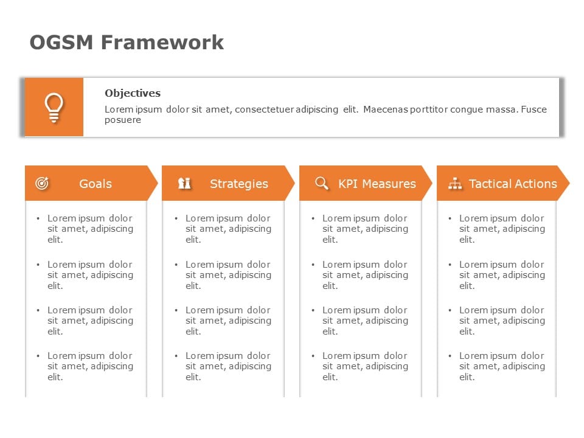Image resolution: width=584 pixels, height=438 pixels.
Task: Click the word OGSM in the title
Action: (x=62, y=43)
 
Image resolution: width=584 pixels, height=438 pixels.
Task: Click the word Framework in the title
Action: (x=162, y=43)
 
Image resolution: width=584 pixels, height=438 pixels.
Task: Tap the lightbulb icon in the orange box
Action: (x=54, y=108)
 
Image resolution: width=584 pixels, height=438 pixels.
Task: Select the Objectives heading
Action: (x=133, y=93)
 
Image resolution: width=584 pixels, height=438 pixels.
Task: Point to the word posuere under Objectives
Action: (x=122, y=120)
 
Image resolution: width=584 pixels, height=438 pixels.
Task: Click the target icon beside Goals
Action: (x=42, y=183)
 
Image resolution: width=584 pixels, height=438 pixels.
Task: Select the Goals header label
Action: (x=96, y=184)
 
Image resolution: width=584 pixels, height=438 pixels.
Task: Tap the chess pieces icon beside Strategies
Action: (x=184, y=183)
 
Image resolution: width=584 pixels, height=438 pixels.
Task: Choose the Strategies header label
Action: (x=238, y=184)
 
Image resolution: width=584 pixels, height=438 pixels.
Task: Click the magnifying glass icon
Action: (x=322, y=183)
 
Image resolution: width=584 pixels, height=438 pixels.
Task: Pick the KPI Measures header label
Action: (x=377, y=184)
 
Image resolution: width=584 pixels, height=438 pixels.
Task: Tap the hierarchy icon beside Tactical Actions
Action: (x=455, y=183)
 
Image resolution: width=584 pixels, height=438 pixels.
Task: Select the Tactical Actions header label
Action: (x=513, y=184)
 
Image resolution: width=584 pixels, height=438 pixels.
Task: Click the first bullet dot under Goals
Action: (x=38, y=218)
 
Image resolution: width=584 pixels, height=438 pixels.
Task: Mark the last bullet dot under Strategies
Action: (x=176, y=356)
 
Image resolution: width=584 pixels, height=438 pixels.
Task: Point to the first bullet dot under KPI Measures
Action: (x=313, y=218)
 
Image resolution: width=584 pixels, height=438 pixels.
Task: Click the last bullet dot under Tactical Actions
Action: (x=450, y=356)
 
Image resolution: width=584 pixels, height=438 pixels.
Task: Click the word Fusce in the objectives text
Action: (x=535, y=109)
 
